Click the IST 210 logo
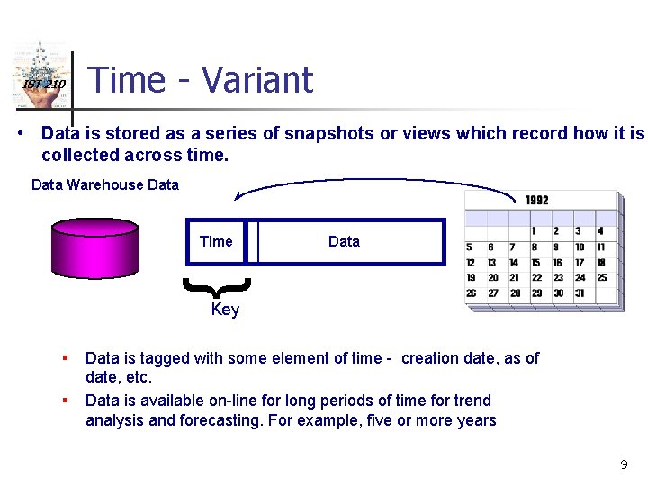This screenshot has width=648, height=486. (x=40, y=76)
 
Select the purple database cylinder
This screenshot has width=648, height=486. (x=95, y=243)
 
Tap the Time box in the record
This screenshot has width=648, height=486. (x=216, y=241)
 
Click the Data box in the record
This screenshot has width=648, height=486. (x=344, y=241)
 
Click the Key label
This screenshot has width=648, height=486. (x=225, y=310)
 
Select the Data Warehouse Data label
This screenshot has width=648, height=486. (x=105, y=185)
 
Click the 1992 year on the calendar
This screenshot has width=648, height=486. (x=537, y=200)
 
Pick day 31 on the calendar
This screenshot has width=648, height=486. (x=580, y=293)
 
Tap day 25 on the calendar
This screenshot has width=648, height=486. (x=602, y=278)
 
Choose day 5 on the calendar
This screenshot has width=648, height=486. (x=470, y=247)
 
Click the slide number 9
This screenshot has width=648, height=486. (x=624, y=464)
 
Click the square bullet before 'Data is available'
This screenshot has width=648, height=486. (x=65, y=400)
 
